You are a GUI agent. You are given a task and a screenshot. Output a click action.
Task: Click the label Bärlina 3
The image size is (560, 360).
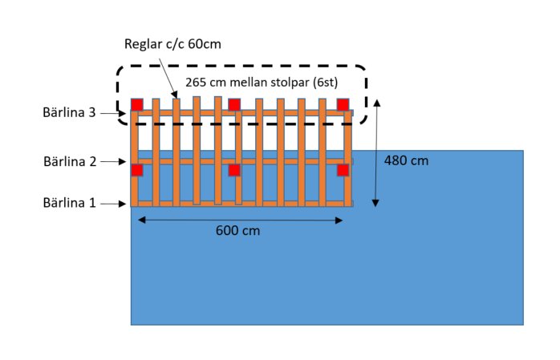[69, 112]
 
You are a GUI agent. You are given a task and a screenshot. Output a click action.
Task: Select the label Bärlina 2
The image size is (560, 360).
[70, 162]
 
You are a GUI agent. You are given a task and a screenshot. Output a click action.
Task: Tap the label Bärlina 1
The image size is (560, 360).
[70, 203]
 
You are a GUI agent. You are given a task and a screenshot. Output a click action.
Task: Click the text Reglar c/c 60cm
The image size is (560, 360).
[172, 44]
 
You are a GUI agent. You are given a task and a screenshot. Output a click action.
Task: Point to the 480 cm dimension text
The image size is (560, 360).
[406, 160]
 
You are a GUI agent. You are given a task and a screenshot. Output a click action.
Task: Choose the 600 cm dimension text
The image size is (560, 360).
[237, 230]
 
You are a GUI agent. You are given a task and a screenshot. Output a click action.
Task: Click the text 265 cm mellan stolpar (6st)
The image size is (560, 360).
[262, 83]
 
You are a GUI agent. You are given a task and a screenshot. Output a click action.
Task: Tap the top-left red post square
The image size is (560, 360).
[136, 105]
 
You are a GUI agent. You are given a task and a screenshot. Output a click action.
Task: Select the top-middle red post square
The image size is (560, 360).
[234, 105]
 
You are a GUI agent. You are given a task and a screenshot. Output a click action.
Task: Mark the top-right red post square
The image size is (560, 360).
[343, 105]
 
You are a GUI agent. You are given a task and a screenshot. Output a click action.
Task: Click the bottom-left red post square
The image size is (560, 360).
[136, 170]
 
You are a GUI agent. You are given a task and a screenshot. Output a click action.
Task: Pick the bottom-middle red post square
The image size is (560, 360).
[234, 170]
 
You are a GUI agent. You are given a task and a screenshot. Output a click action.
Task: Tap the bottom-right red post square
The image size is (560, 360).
[343, 170]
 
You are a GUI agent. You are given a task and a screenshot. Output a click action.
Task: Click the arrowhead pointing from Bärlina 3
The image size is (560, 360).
[123, 114]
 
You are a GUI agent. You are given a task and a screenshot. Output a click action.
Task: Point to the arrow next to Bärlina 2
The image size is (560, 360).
[113, 162]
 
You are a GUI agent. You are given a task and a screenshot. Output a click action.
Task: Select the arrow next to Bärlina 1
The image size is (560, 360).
[113, 204]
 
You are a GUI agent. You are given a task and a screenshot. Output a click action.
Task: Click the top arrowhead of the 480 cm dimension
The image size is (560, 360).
[376, 103]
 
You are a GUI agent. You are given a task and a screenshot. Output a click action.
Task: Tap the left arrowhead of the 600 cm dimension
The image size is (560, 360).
[141, 220]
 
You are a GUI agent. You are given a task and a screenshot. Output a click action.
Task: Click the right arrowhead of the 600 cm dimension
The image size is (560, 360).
[339, 220]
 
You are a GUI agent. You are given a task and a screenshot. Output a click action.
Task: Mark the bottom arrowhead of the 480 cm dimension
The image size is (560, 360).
[375, 203]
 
